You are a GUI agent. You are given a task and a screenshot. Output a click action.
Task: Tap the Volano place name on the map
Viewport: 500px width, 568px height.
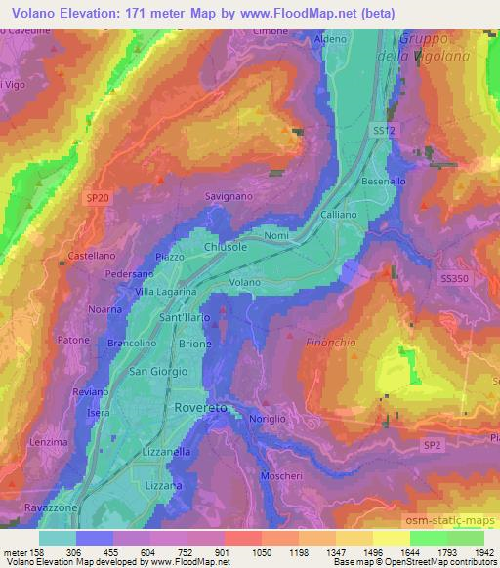click(244, 283)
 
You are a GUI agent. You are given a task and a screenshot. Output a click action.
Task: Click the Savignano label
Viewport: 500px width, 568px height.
click(229, 196)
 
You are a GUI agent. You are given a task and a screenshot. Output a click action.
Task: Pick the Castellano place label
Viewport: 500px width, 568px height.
click(92, 256)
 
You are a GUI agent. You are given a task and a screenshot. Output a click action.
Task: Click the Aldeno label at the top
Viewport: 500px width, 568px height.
click(331, 38)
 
